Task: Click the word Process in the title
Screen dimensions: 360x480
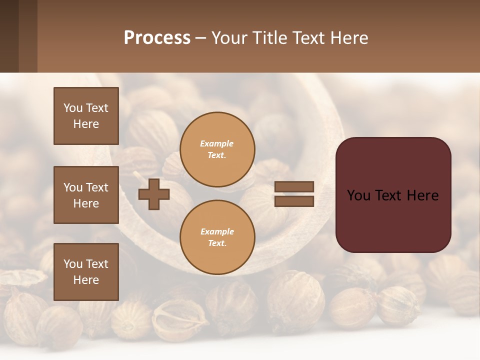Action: click(157, 38)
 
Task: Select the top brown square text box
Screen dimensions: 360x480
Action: click(86, 116)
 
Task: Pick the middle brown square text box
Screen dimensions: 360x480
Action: click(86, 195)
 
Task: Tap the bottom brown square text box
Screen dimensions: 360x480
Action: click(86, 272)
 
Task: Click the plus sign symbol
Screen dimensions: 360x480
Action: click(154, 194)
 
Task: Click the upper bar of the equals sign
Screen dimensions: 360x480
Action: click(294, 187)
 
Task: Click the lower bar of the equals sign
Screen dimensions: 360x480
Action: click(294, 201)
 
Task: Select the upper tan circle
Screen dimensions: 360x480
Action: click(217, 149)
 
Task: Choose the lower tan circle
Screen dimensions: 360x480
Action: click(217, 237)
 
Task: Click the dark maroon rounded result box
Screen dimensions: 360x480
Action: click(393, 195)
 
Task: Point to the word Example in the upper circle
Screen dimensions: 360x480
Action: click(217, 143)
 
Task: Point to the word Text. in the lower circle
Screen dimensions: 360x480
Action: click(217, 243)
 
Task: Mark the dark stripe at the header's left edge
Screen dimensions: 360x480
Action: click(9, 36)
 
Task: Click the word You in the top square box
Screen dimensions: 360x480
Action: click(73, 108)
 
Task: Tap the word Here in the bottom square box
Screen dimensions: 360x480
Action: click(86, 280)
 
